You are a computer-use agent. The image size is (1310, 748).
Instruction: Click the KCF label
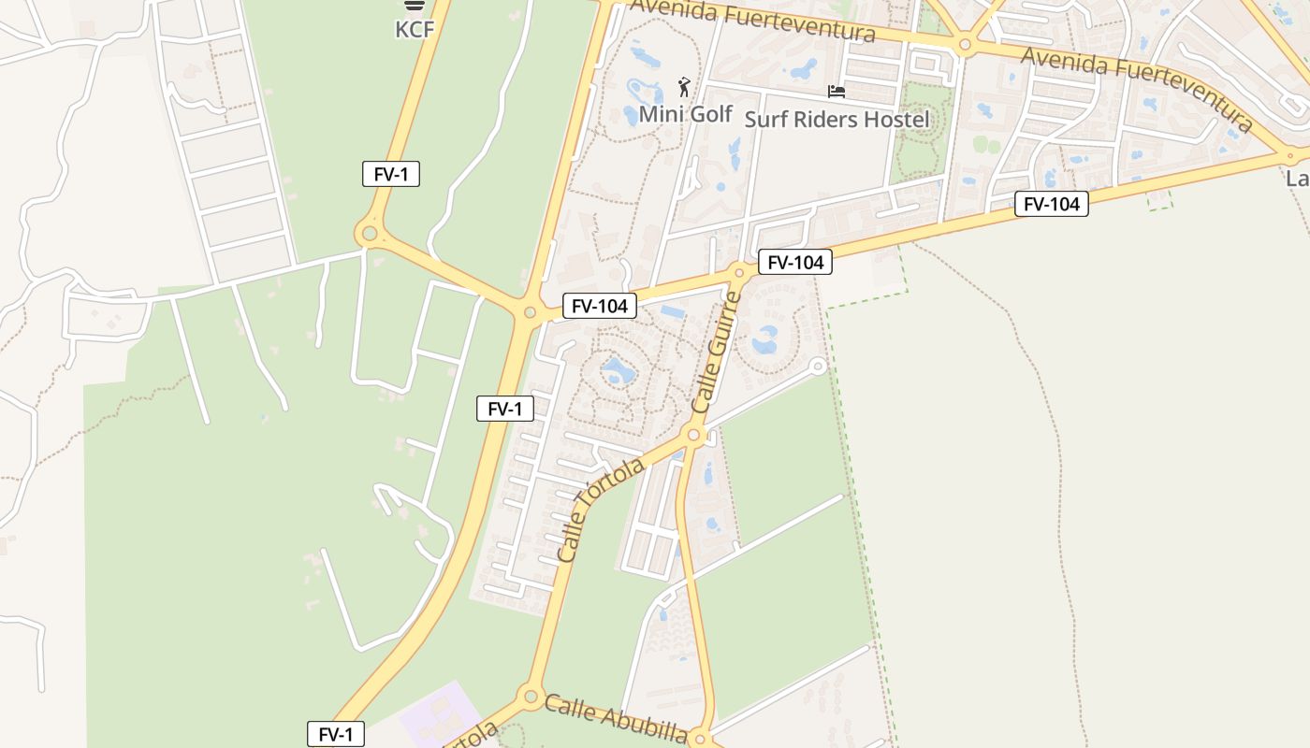pyautogui.click(x=415, y=29)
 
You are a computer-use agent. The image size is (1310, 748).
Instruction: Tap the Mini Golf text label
pyautogui.click(x=685, y=114)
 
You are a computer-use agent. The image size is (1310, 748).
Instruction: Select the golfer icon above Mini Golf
pyautogui.click(x=684, y=88)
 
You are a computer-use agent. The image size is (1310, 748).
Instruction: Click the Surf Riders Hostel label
pyautogui.click(x=837, y=119)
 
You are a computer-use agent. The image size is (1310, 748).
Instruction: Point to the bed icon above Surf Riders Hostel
pyautogui.click(x=837, y=92)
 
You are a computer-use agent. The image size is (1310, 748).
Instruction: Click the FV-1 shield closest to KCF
pyautogui.click(x=391, y=174)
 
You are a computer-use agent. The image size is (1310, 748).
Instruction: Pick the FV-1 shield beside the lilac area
pyautogui.click(x=335, y=735)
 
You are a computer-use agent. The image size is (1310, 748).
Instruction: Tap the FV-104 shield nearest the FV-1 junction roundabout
pyautogui.click(x=599, y=305)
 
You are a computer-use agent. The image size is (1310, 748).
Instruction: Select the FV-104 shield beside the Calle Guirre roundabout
pyautogui.click(x=794, y=263)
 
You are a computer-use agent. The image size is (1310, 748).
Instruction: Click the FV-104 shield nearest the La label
pyautogui.click(x=1052, y=204)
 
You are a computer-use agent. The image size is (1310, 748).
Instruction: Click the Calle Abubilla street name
pyautogui.click(x=616, y=719)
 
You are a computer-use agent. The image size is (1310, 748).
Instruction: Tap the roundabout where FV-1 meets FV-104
pyautogui.click(x=530, y=312)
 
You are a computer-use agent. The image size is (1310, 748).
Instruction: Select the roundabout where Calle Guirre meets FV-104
pyautogui.click(x=739, y=273)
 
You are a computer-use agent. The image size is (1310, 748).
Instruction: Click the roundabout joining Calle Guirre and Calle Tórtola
pyautogui.click(x=693, y=434)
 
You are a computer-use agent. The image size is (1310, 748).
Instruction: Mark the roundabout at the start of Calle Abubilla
pyautogui.click(x=531, y=696)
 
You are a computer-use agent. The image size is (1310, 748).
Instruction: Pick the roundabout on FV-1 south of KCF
pyautogui.click(x=370, y=232)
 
